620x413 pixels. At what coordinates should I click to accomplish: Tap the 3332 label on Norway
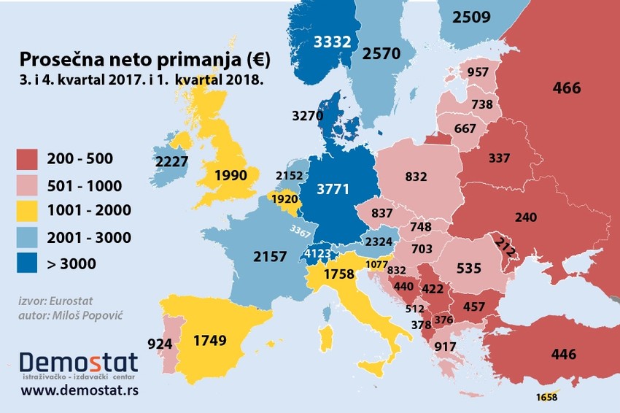click(332, 42)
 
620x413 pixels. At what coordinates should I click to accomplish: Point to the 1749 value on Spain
click(210, 339)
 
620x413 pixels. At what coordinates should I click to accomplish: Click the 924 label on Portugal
click(160, 341)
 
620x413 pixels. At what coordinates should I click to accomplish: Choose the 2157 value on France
click(271, 256)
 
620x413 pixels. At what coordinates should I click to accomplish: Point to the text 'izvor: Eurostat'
click(55, 300)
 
